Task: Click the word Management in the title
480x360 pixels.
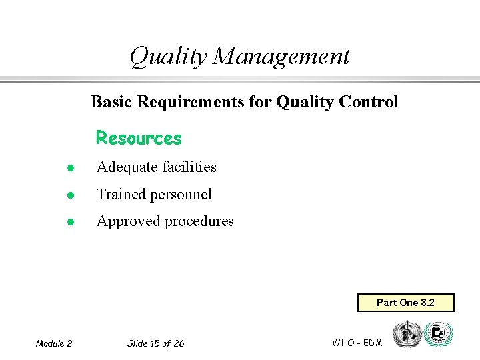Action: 281,57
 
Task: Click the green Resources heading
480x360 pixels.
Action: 139,138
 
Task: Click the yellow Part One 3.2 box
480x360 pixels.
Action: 405,303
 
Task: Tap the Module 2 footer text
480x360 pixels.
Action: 54,343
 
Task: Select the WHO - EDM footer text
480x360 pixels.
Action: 357,343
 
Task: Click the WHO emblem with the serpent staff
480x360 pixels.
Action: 406,333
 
